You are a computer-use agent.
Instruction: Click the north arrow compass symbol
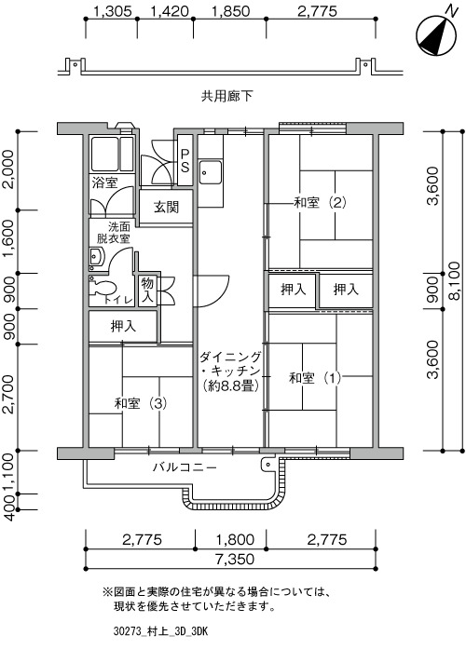coord(436,35)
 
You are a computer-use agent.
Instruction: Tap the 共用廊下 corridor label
coord(226,97)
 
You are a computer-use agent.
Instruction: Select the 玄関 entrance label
coord(166,207)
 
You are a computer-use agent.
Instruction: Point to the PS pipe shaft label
coord(185,160)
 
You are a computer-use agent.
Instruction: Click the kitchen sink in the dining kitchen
coord(210,172)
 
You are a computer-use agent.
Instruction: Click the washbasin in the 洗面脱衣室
coord(96,258)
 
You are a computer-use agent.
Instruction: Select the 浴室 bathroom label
coord(104,183)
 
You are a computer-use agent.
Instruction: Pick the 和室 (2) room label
coord(320,203)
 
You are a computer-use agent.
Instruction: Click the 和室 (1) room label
coord(315,378)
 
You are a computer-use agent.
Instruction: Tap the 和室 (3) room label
coord(141,403)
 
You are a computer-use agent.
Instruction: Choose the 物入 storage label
coord(147,290)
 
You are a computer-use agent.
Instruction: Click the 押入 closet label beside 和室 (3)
coord(123,326)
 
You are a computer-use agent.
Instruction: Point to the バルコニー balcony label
coord(185,467)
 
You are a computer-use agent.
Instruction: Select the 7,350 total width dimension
coord(235,559)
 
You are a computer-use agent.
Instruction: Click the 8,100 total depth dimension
coord(455,281)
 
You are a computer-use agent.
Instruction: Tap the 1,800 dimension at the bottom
coord(235,539)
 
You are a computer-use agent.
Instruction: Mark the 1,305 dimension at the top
coord(112,11)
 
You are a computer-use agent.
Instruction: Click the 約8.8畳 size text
coord(231,386)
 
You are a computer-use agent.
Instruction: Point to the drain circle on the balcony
coord(267,465)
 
